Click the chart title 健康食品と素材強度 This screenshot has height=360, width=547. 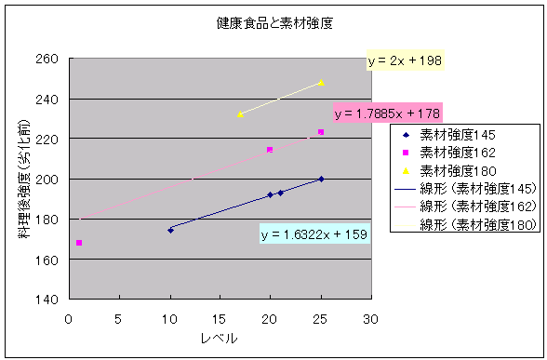(274, 23)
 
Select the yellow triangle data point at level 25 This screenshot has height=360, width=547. (321, 83)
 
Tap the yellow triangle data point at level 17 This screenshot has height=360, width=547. (240, 114)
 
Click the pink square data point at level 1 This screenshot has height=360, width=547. (79, 243)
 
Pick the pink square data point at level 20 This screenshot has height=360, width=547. (270, 150)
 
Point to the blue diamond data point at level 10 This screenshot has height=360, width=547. (170, 231)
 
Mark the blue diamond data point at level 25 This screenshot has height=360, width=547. (321, 179)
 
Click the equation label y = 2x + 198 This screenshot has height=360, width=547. (405, 60)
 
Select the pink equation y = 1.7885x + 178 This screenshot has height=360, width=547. (387, 113)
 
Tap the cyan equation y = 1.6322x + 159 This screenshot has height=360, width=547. (314, 234)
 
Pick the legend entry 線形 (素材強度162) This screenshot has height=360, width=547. (465, 207)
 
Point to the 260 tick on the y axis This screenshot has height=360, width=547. (47, 59)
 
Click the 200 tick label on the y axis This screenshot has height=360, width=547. (47, 180)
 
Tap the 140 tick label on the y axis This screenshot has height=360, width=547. (47, 300)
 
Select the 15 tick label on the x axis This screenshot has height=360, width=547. (219, 319)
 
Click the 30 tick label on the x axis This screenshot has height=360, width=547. (370, 319)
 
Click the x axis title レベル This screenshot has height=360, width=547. (220, 338)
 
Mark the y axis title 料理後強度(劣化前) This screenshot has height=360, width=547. (24, 179)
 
